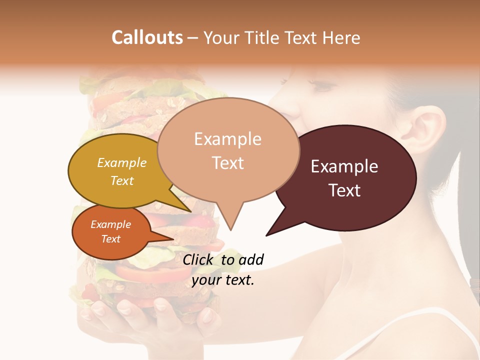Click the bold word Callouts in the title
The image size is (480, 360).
click(147, 37)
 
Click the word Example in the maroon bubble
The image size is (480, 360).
click(344, 166)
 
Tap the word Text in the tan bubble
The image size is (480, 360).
click(228, 163)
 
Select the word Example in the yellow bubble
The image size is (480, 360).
click(122, 163)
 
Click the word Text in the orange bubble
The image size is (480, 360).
click(111, 239)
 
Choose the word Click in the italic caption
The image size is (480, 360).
click(199, 259)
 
